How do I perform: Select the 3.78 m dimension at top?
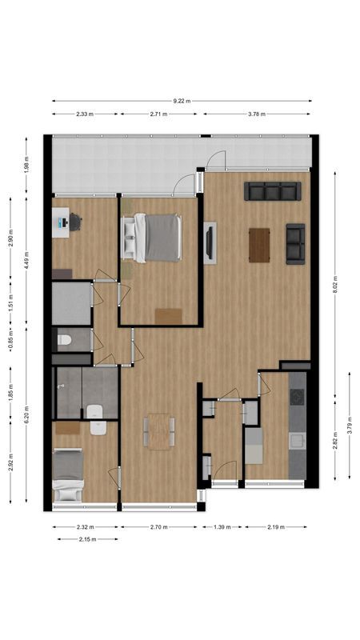257,114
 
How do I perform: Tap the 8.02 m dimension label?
335,284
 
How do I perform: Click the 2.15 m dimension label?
86,539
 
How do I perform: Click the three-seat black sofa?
273,191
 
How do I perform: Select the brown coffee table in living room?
259,245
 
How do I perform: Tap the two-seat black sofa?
295,243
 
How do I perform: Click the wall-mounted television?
210,244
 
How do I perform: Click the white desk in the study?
60,223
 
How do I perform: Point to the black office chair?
75,222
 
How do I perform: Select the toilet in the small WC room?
64,341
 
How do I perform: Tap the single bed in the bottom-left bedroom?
68,475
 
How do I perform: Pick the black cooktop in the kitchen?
297,398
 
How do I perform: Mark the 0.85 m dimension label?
10,339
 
